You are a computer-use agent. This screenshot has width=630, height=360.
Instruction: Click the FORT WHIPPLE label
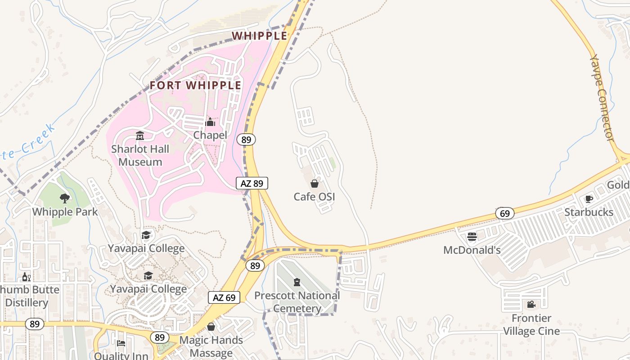pos(195,85)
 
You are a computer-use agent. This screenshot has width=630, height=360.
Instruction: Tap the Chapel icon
pos(210,122)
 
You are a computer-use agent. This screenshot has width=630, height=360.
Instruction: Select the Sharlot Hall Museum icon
pos(140,135)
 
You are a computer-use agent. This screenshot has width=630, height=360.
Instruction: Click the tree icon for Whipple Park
pos(65,198)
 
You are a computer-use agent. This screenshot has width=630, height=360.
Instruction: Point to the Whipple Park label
pos(65,211)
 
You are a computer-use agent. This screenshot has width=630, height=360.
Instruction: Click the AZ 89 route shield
pos(252,183)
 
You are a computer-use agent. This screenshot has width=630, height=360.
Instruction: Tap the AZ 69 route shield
pos(224,297)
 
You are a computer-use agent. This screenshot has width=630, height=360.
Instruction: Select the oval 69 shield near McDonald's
pos(505,213)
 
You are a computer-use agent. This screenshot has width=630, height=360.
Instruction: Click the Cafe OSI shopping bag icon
pos(315,184)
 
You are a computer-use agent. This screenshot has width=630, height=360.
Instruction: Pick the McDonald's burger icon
pos(472,237)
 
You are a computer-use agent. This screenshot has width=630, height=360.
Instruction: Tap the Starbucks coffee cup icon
pos(589,199)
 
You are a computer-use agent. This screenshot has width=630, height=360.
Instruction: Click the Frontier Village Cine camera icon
pos(531,305)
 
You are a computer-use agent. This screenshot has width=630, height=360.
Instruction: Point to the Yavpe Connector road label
pos(602,98)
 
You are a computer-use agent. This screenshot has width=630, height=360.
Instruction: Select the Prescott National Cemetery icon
pos(297,282)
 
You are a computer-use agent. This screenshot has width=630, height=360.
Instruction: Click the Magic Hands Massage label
pos(211,346)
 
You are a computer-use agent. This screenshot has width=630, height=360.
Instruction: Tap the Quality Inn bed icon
pos(121,344)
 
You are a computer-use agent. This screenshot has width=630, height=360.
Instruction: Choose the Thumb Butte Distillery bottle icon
pos(26,277)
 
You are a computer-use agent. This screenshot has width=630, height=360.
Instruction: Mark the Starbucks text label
pos(589,212)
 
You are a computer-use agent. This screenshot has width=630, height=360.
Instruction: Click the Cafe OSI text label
pos(314,197)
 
